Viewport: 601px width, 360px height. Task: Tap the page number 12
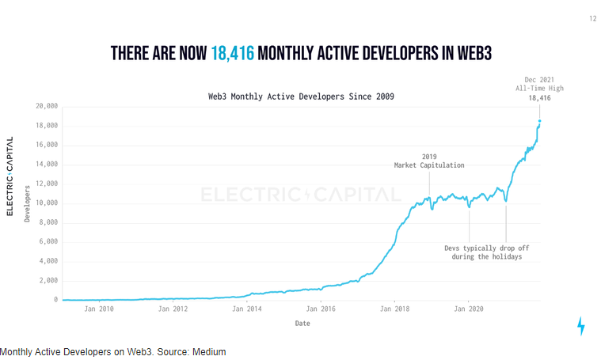[x=592, y=18]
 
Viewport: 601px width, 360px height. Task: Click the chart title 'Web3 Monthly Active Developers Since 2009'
[x=301, y=96]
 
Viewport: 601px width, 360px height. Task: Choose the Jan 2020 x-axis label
[x=468, y=309]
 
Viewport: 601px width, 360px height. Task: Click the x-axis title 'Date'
[x=302, y=323]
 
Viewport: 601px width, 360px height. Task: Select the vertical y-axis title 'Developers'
[x=27, y=203]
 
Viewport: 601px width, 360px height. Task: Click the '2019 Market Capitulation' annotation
[x=429, y=161]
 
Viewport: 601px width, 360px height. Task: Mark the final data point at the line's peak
[x=540, y=121]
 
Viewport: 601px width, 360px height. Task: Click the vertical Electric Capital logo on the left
[x=10, y=176]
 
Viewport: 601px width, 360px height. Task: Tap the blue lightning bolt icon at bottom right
[x=581, y=326]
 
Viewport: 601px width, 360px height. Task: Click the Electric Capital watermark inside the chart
[x=301, y=194]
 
